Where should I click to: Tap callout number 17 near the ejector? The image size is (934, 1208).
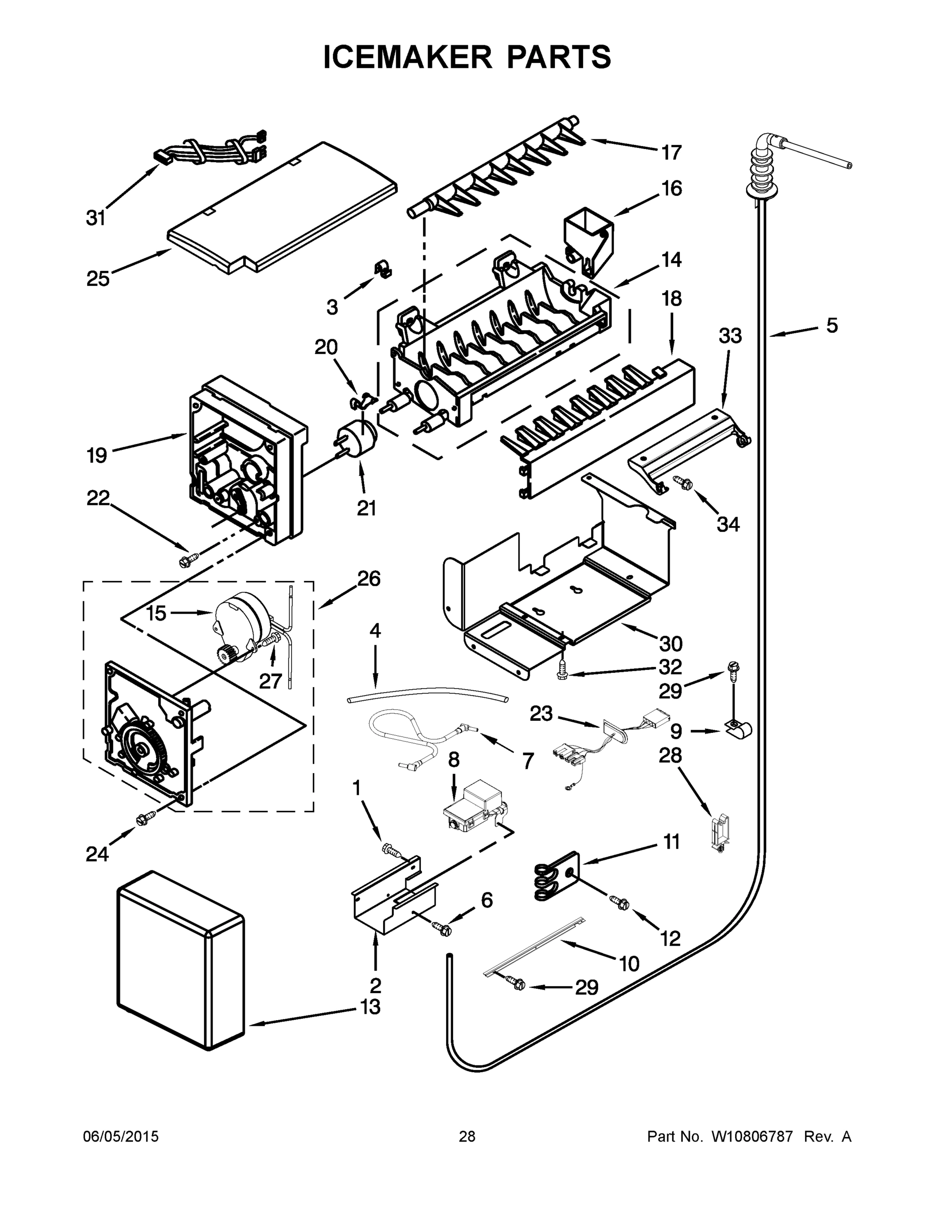(x=672, y=152)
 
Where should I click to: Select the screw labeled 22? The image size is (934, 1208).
(x=185, y=561)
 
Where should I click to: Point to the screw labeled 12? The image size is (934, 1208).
(x=620, y=901)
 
